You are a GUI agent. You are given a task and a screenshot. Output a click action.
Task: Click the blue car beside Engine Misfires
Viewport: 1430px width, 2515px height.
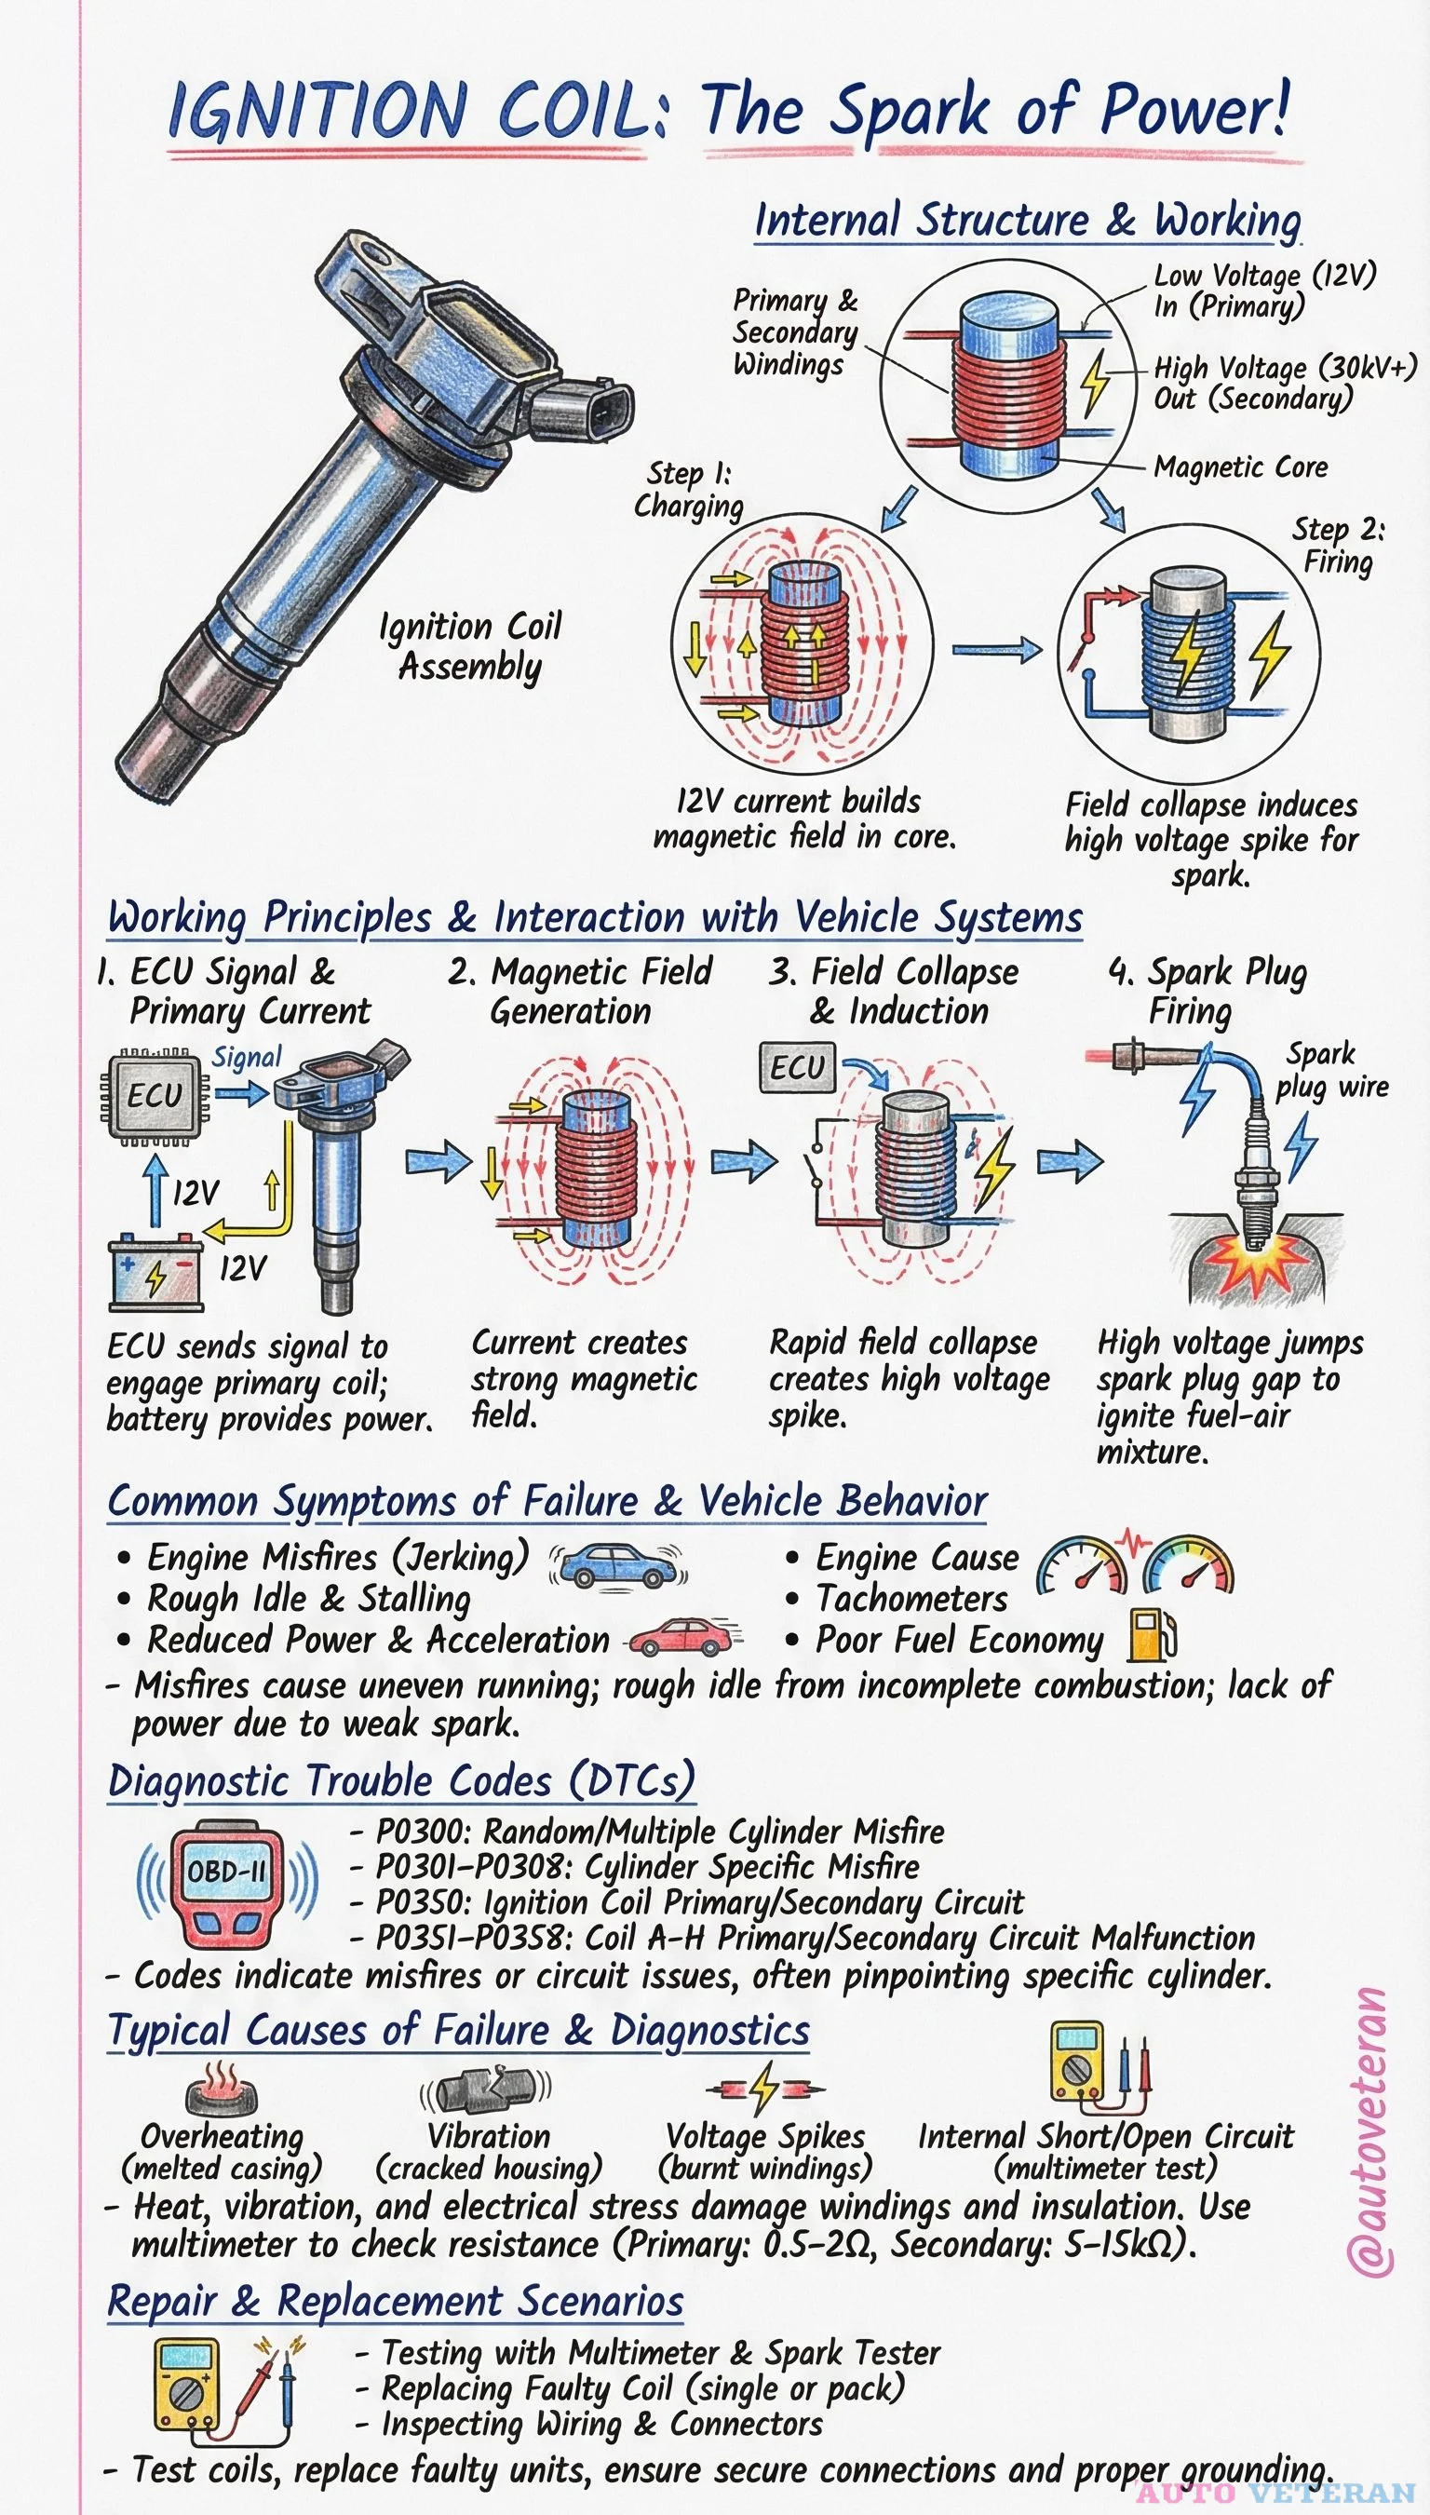[615, 1562]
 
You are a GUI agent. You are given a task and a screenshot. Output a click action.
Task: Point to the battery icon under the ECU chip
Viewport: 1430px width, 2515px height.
[155, 1273]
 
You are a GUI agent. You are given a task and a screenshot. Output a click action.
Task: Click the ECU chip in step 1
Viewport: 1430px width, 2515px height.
[155, 1095]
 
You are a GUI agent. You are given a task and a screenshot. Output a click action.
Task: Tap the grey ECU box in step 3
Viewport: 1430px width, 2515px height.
[797, 1067]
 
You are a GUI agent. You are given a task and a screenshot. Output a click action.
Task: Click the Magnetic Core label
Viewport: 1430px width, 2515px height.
[1239, 467]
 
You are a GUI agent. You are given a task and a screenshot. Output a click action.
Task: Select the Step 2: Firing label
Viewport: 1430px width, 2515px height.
[1338, 546]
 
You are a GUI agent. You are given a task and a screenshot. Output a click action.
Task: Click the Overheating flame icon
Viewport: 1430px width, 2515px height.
[221, 2089]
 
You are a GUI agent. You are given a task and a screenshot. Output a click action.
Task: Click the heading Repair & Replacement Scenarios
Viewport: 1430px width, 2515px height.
[395, 2301]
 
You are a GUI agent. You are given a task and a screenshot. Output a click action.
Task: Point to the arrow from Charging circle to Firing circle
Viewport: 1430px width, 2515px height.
[996, 649]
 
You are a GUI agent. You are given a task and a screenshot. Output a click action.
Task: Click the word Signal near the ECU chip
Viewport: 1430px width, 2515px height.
[246, 1058]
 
